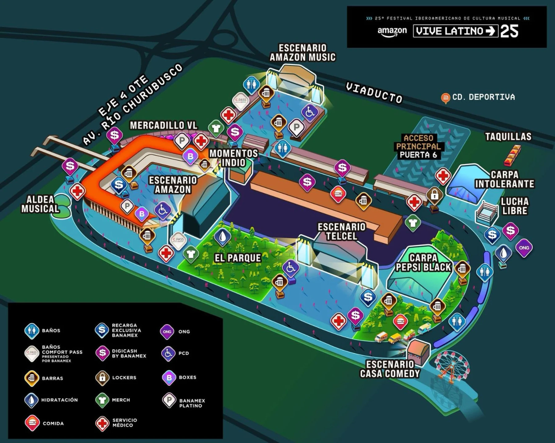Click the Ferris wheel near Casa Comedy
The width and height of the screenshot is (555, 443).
(x=452, y=366)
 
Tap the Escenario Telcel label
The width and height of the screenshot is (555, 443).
(x=341, y=231)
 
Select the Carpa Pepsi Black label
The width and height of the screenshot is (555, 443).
(x=423, y=262)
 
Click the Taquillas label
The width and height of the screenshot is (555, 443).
(x=508, y=136)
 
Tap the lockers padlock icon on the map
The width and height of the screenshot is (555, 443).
(x=434, y=194)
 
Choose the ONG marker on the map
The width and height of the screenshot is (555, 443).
(x=524, y=248)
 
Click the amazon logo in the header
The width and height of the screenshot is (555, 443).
(x=392, y=31)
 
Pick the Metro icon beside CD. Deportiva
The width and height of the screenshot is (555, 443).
(x=445, y=98)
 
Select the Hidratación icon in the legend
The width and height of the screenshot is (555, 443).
(x=31, y=400)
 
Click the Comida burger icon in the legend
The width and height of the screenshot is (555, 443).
(x=32, y=423)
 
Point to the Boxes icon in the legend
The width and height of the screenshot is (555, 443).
(x=169, y=377)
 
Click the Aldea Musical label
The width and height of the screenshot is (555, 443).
(x=40, y=204)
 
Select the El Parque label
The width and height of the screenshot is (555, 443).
(x=238, y=258)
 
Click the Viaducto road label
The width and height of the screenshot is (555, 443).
(x=374, y=92)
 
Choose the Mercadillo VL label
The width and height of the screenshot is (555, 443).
(x=163, y=125)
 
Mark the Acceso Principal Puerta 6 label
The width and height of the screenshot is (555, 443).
(x=418, y=146)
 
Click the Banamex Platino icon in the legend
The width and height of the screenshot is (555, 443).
(x=169, y=400)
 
